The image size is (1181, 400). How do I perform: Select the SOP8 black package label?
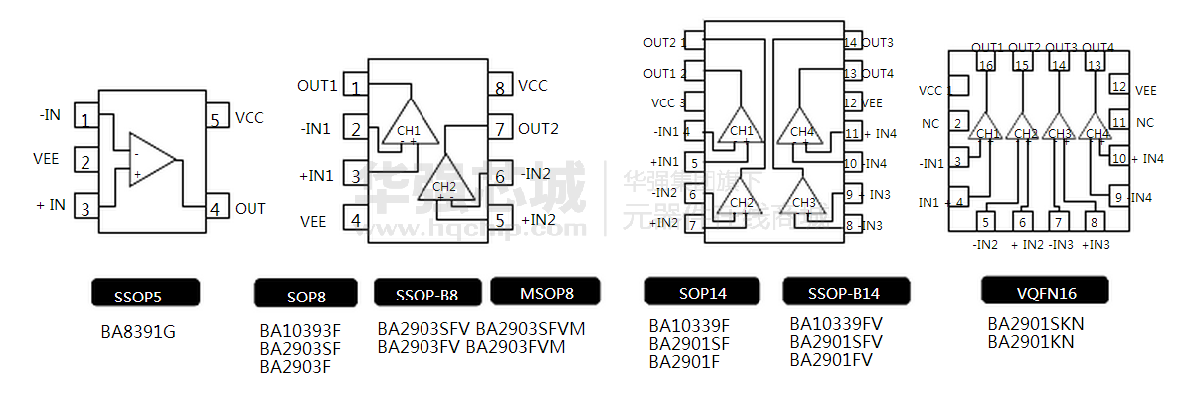click(306, 294)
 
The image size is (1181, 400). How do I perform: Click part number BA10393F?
click(300, 330)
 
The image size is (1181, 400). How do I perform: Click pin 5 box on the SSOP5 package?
click(215, 120)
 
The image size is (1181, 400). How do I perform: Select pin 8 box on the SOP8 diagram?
click(499, 87)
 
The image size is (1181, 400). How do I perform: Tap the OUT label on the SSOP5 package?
click(251, 209)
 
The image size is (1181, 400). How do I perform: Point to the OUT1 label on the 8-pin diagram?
click(317, 86)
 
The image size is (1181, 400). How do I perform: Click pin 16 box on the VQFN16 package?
click(985, 65)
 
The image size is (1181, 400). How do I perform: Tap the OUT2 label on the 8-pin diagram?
click(538, 128)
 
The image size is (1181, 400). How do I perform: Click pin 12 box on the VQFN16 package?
click(1118, 87)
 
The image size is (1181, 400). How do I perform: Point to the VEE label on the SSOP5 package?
click(47, 159)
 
